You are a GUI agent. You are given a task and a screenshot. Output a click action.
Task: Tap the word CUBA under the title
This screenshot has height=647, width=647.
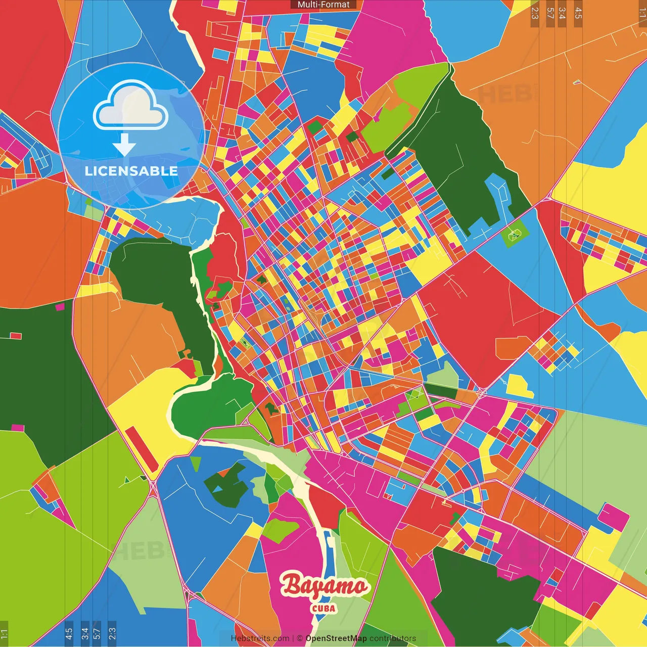coord(323,609)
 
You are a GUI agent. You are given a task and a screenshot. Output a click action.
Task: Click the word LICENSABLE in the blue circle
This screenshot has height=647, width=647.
coord(131,171)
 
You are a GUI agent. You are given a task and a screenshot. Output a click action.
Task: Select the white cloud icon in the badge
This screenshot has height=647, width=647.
coord(130,107)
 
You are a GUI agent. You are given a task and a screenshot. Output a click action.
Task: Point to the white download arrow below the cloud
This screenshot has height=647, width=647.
coord(124,146)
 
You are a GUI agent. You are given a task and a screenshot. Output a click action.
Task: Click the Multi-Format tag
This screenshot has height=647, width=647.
coord(323,5)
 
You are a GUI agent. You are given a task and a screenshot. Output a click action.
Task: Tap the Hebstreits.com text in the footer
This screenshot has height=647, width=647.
coord(260,638)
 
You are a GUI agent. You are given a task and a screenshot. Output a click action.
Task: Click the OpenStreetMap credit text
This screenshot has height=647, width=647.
coord(336,638)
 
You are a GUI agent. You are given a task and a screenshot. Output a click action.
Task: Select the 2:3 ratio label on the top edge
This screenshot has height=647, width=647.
coord(535,13)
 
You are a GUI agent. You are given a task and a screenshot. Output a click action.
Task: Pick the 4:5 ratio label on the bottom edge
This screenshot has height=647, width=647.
coord(69,634)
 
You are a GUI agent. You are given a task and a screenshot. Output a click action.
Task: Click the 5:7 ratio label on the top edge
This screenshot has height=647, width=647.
coord(550,13)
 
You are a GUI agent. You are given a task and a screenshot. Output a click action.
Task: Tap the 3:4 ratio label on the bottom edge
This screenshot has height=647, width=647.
coord(84,634)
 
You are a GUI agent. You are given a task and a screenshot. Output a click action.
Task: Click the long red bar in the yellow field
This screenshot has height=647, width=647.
coord(142,449)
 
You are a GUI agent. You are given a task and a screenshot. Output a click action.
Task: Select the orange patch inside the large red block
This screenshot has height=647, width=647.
coord(513,348)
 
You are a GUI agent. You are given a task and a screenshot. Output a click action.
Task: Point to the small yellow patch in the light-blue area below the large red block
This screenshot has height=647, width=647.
coord(519,386)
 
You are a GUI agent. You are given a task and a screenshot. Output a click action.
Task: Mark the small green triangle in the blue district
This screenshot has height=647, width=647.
coord(196,463)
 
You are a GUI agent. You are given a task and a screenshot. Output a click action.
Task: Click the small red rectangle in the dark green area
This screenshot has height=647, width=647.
coord(16,336)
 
